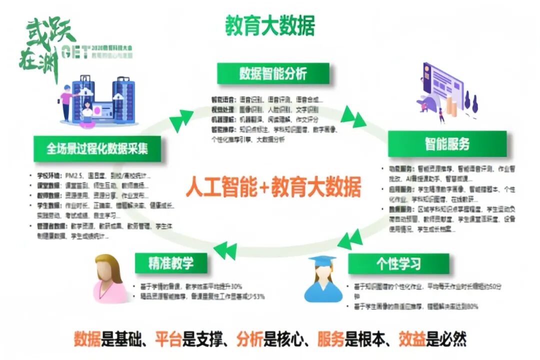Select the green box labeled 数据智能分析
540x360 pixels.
pyautogui.click(x=273, y=73)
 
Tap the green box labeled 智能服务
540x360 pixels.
pyautogui.click(x=447, y=144)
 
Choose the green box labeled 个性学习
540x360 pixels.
pyautogui.click(x=398, y=263)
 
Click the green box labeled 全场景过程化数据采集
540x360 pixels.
pyautogui.click(x=97, y=149)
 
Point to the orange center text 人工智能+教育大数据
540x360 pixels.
pyautogui.click(x=273, y=188)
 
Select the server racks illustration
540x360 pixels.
pyautogui.click(x=100, y=100)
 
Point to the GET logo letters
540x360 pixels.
pyautogui.click(x=75, y=51)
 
